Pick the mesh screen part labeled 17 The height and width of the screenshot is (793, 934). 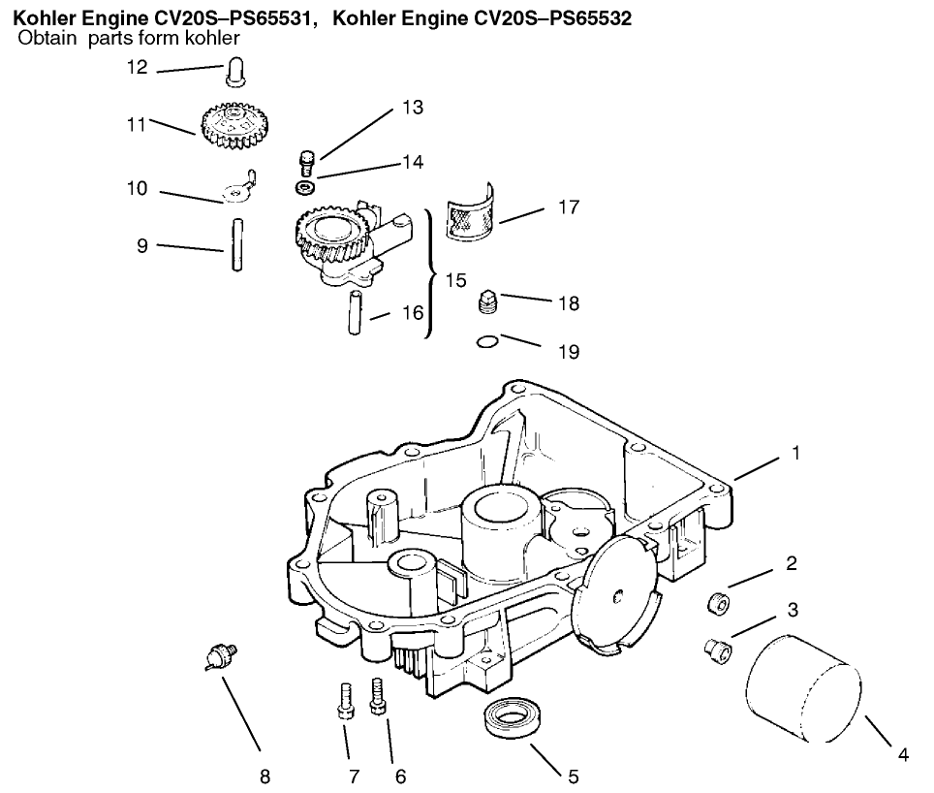click(470, 213)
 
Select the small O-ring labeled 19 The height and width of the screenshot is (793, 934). click(489, 340)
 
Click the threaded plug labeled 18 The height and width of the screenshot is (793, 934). click(489, 304)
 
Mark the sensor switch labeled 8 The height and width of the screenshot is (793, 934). click(220, 658)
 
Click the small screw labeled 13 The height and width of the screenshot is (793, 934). click(307, 161)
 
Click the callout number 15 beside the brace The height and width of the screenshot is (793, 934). click(455, 280)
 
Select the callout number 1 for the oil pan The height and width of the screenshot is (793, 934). click(795, 453)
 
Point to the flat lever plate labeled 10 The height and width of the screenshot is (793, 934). click(237, 190)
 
